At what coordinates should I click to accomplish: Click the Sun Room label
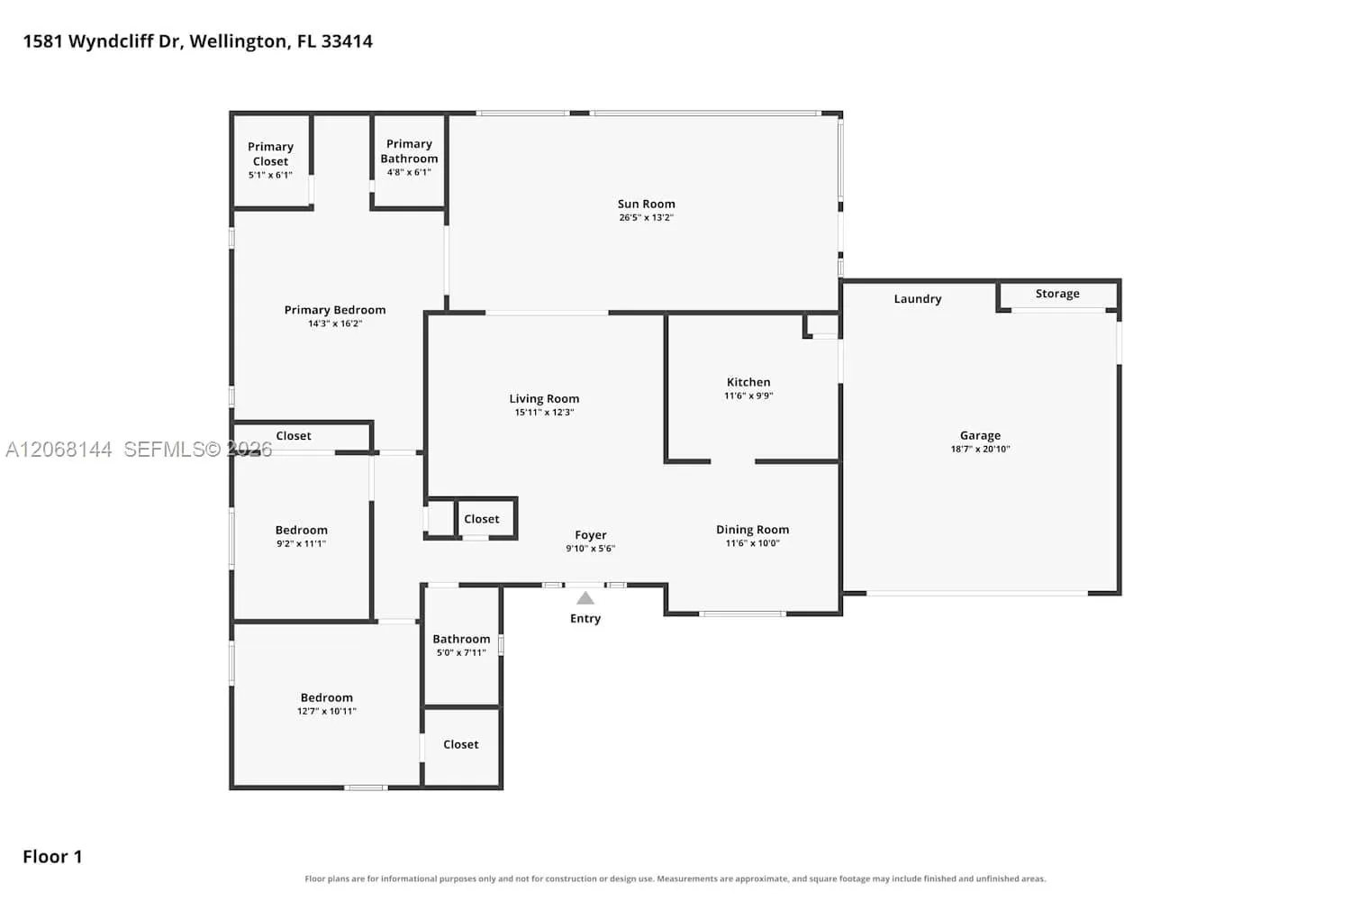(646, 204)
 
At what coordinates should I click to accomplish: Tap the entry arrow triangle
(585, 598)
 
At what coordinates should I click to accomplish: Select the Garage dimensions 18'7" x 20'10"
(980, 449)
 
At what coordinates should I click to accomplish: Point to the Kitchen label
(748, 382)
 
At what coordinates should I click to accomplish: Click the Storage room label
(1057, 294)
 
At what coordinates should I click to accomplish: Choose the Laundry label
(918, 299)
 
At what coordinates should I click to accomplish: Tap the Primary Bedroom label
(335, 310)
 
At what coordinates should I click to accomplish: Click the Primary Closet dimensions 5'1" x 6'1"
(270, 175)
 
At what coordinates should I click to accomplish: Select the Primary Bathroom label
(409, 150)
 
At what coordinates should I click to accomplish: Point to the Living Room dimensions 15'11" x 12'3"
(544, 412)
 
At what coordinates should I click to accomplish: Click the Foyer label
(591, 535)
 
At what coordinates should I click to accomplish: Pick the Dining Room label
(752, 530)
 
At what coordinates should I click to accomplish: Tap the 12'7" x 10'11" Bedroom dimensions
(326, 711)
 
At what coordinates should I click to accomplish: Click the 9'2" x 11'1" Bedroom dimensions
(301, 543)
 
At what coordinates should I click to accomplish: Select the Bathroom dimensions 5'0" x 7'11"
(461, 652)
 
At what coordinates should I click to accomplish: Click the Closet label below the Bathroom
(461, 745)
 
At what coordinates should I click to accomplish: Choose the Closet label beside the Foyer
(481, 519)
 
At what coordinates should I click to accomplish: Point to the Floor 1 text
(52, 857)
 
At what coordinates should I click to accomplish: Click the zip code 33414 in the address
(347, 41)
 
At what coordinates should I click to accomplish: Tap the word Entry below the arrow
(585, 619)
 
